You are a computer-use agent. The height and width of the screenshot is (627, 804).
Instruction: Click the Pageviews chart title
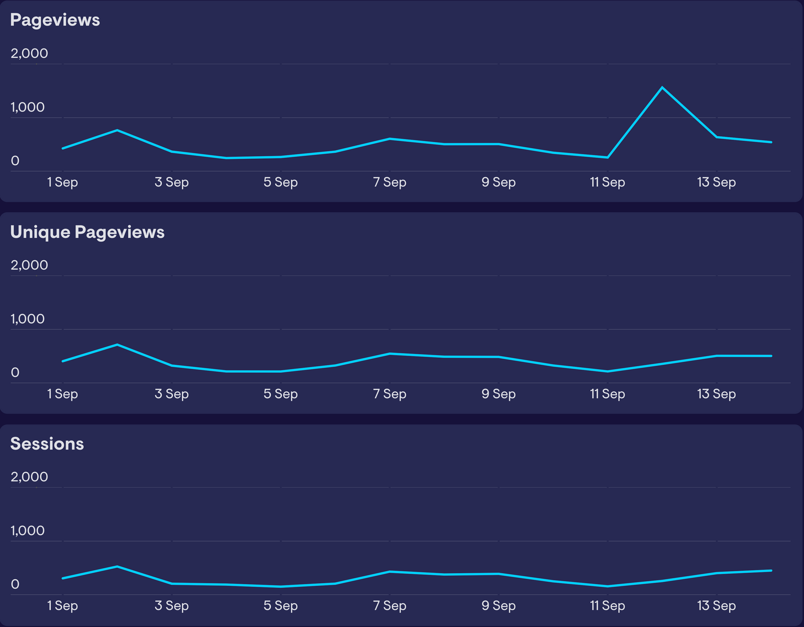tap(55, 20)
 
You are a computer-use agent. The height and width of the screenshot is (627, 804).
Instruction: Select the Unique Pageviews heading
tap(87, 232)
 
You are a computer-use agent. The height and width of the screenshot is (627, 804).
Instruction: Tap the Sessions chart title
tap(47, 444)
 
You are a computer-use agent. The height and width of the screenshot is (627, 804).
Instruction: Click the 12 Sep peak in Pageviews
tap(662, 87)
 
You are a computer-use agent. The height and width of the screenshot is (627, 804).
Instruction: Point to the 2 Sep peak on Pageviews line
tap(117, 130)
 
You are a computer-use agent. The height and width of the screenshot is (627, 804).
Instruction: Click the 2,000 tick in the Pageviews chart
tap(29, 53)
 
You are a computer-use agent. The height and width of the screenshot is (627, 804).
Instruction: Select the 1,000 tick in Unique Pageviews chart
tap(28, 319)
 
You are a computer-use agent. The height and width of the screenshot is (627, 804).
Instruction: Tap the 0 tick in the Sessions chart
tap(15, 584)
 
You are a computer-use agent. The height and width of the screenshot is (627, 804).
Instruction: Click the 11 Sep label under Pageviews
tap(607, 182)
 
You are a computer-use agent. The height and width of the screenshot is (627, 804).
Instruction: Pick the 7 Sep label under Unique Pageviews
tap(389, 394)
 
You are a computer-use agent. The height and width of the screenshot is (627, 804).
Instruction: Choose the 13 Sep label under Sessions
tap(716, 606)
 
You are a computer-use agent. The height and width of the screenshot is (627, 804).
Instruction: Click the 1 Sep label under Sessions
tap(62, 606)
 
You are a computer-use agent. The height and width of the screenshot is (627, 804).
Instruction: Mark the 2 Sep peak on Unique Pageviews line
tap(117, 345)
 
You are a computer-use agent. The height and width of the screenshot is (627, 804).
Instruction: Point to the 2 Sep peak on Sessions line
tap(117, 567)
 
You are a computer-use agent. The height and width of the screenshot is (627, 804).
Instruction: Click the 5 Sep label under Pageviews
tap(280, 182)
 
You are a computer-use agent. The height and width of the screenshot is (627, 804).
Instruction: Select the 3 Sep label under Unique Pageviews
tap(171, 394)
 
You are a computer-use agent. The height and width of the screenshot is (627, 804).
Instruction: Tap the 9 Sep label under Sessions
tap(498, 606)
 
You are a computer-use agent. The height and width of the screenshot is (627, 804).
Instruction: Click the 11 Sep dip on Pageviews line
tap(608, 157)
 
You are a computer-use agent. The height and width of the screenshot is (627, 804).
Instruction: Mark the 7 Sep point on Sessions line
tap(389, 572)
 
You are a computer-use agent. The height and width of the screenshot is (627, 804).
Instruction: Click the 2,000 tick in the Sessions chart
tap(29, 477)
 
